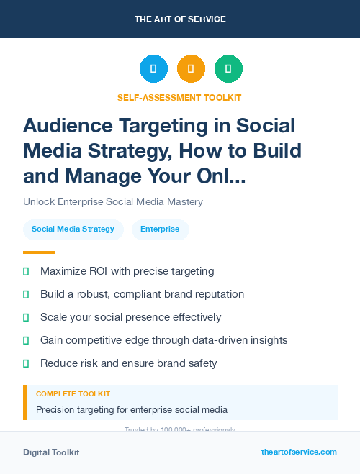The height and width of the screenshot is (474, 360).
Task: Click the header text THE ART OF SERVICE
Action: (x=180, y=19)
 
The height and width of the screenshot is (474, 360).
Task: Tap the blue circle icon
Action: (x=153, y=69)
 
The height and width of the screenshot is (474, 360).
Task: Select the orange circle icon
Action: (x=191, y=69)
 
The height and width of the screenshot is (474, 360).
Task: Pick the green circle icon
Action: (x=228, y=69)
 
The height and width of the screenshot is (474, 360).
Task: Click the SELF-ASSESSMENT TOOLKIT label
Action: (x=179, y=97)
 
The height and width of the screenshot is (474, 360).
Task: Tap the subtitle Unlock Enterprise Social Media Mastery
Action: (x=113, y=201)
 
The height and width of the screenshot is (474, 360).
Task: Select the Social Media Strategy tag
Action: (x=73, y=229)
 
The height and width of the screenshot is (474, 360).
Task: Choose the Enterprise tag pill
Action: (x=160, y=229)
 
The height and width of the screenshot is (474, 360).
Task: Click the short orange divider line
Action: (x=39, y=252)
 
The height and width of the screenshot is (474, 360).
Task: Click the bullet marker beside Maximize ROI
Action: (x=26, y=271)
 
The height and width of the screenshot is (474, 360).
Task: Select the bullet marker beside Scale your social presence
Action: (x=26, y=317)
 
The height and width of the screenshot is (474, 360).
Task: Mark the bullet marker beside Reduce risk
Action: (x=26, y=363)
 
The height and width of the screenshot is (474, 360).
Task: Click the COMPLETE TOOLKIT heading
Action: (x=73, y=394)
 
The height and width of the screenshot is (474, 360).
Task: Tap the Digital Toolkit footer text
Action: (x=51, y=452)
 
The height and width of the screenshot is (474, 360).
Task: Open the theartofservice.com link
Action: (x=299, y=452)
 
